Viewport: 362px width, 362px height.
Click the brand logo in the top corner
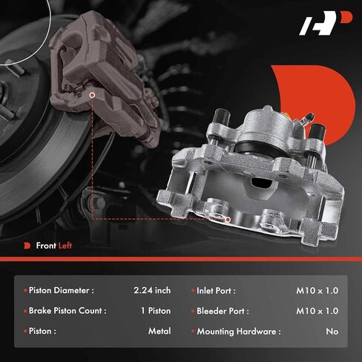[x=326, y=23]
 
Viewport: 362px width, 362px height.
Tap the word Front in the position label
[x=46, y=246]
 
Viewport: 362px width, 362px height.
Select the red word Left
[x=65, y=246]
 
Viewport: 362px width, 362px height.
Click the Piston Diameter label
[x=62, y=290]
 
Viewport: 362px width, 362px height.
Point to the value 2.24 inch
[x=152, y=290]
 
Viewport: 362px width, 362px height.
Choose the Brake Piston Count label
[x=68, y=311]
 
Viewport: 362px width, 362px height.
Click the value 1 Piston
[x=156, y=311]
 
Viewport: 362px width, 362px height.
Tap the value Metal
[x=159, y=331]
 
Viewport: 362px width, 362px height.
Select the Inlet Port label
[x=216, y=291]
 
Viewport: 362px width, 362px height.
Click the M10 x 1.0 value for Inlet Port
[x=317, y=291]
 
